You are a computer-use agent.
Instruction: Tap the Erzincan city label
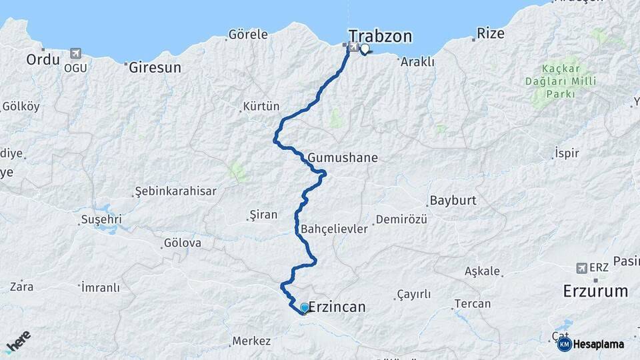(337, 307)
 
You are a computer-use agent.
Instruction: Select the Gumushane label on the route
(343, 158)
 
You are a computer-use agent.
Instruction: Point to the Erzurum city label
(595, 291)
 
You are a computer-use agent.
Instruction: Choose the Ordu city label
(43, 59)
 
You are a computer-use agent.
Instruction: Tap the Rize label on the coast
(489, 33)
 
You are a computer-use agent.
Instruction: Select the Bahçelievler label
(335, 229)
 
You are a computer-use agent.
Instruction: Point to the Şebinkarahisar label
(175, 191)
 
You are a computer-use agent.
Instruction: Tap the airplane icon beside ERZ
(581, 267)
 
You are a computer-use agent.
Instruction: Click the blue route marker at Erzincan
(305, 307)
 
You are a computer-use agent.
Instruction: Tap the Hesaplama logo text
(598, 344)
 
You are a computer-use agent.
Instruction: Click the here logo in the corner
(18, 341)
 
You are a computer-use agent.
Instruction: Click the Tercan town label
(472, 303)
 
